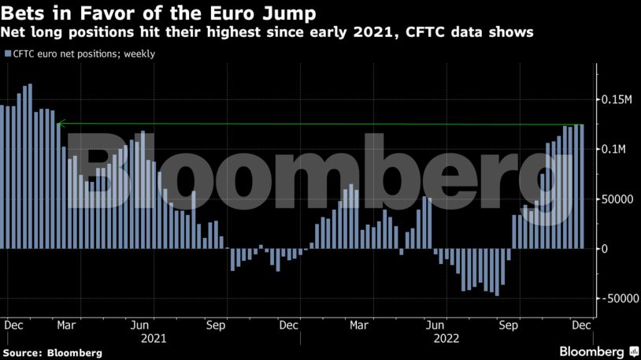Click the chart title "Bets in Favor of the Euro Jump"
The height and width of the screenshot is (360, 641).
click(153, 13)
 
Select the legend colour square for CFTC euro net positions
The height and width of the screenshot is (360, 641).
click(7, 54)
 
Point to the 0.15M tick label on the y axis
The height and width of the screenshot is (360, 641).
click(617, 100)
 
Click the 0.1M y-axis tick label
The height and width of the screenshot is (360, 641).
click(613, 150)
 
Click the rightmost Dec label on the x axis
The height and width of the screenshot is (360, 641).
click(580, 325)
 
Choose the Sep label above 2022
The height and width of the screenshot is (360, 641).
click(509, 325)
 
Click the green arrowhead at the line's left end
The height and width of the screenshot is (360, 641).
click(60, 123)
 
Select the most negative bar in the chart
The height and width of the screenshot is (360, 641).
click(497, 273)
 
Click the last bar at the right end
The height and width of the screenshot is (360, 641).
click(583, 187)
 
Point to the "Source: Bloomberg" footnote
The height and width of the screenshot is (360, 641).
click(52, 353)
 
